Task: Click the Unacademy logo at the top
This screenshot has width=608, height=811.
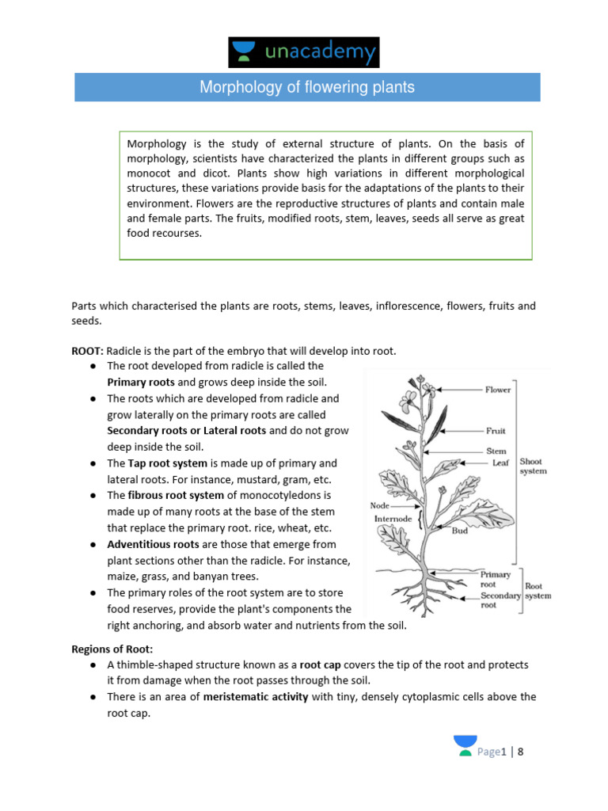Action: (x=304, y=51)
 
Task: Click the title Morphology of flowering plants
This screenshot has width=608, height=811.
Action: (x=307, y=87)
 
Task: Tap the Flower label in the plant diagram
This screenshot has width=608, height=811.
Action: (x=498, y=390)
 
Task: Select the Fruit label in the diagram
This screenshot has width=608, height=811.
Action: (x=496, y=431)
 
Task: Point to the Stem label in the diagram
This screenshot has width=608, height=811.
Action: (x=496, y=451)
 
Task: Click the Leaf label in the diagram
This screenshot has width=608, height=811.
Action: (x=500, y=463)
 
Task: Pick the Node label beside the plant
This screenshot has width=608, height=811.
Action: (x=380, y=504)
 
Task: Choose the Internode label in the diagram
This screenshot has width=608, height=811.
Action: (x=391, y=519)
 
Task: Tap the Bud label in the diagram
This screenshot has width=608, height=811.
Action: (x=460, y=531)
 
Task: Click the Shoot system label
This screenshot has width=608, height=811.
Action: (x=532, y=466)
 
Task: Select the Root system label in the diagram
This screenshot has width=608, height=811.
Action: (x=538, y=591)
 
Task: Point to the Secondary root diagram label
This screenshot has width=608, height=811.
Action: (x=500, y=600)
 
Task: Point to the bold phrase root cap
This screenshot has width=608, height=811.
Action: (x=320, y=664)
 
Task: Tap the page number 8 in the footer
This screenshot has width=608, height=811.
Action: (x=521, y=752)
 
